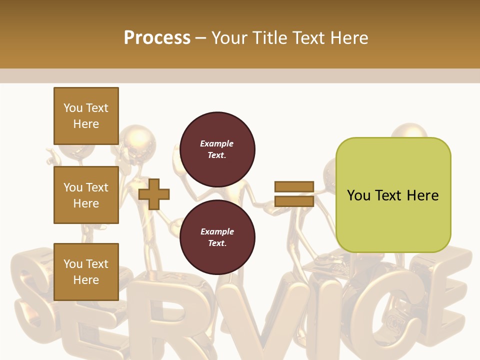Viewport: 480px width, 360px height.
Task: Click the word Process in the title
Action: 157,38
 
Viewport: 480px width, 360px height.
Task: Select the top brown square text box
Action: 86,116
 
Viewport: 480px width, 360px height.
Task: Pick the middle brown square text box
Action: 86,195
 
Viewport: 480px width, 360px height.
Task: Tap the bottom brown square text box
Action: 86,271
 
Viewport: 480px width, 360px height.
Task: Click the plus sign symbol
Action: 154,193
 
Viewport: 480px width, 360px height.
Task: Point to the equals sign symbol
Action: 294,194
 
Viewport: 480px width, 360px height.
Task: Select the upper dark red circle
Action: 217,149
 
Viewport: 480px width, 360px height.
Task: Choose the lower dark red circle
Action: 217,237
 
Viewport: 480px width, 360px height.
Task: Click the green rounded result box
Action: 393,195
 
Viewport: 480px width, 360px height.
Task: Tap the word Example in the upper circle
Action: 217,143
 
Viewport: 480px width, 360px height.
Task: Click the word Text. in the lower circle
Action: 217,243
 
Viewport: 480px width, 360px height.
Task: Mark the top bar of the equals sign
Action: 294,186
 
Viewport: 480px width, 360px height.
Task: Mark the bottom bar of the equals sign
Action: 294,201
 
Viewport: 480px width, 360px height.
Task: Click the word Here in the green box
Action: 422,195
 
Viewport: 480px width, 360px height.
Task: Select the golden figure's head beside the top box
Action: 133,137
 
